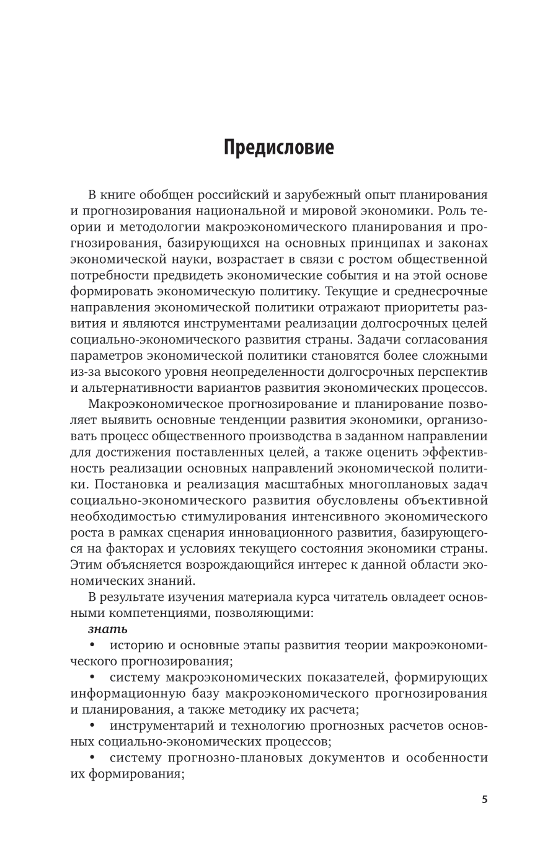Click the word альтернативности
(136, 388)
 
